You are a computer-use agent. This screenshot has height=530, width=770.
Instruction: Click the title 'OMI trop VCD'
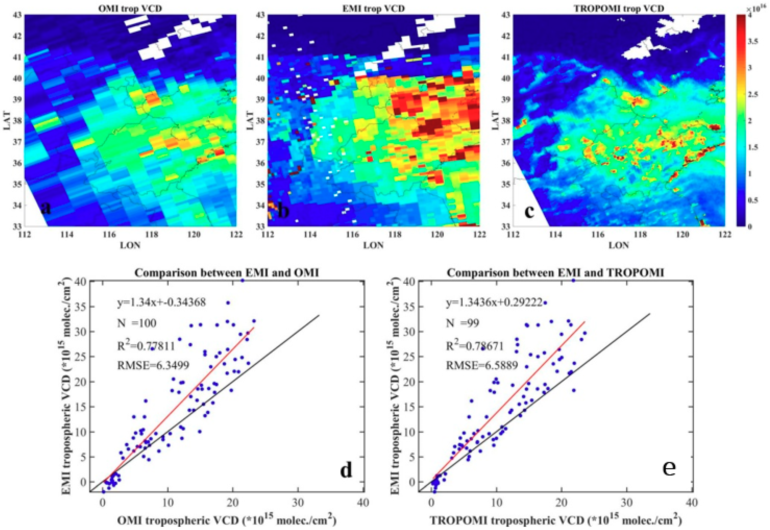130,8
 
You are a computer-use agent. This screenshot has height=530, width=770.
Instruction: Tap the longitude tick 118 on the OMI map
152,235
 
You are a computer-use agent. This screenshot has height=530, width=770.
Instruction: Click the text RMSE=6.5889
482,366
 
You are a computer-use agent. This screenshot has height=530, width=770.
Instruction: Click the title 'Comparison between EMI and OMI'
227,273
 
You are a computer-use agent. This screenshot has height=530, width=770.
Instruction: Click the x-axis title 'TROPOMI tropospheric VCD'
554,520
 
